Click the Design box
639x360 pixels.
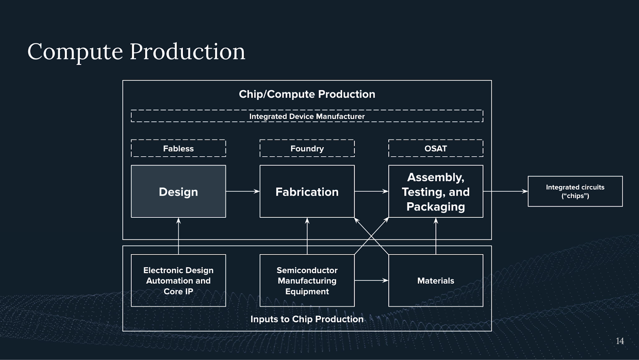pyautogui.click(x=178, y=191)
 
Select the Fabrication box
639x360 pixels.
pyautogui.click(x=307, y=191)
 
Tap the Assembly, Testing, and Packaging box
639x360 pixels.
pyautogui.click(x=435, y=191)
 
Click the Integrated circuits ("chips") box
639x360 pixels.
pyautogui.click(x=575, y=191)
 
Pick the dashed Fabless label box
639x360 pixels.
pyautogui.click(x=178, y=148)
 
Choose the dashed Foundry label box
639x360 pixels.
pyautogui.click(x=307, y=148)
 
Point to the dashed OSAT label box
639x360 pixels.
pyautogui.click(x=435, y=148)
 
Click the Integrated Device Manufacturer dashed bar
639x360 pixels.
pyautogui.click(x=307, y=116)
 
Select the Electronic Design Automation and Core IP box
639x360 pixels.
pyautogui.click(x=178, y=280)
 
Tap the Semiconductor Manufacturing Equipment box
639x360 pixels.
pyautogui.click(x=307, y=280)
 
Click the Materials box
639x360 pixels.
pyautogui.click(x=435, y=280)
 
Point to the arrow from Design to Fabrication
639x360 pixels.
pyautogui.click(x=242, y=191)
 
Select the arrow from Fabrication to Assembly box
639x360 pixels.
pyautogui.click(x=371, y=191)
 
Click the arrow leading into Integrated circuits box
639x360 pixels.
pyautogui.click(x=505, y=191)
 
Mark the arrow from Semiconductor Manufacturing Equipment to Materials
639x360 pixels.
pyautogui.click(x=371, y=280)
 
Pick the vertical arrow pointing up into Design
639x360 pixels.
pyautogui.click(x=179, y=236)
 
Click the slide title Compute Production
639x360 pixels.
pyautogui.click(x=136, y=52)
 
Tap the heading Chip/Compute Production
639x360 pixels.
pyautogui.click(x=307, y=94)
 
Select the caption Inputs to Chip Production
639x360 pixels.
pyautogui.click(x=307, y=319)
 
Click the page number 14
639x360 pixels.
pyautogui.click(x=619, y=341)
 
